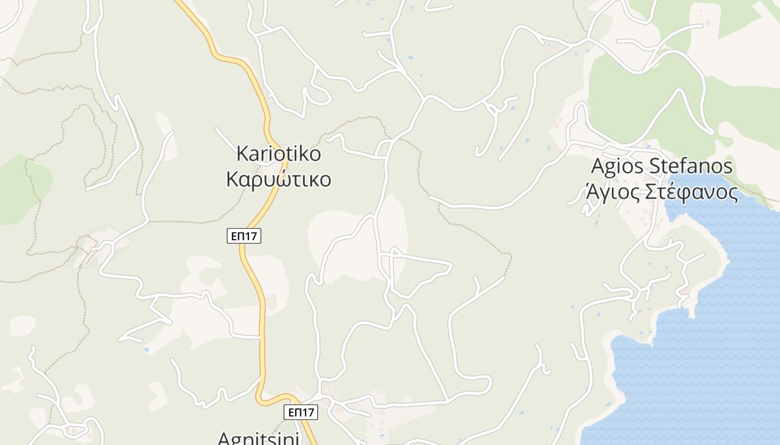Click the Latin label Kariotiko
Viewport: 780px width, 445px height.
279,153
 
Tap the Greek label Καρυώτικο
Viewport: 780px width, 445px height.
279,180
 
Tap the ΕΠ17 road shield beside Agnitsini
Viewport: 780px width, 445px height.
300,412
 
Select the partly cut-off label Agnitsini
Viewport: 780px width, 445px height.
258,438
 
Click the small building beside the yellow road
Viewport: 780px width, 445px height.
272,302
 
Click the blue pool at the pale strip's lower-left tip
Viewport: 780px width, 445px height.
146,349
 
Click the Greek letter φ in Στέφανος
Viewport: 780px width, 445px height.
686,192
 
